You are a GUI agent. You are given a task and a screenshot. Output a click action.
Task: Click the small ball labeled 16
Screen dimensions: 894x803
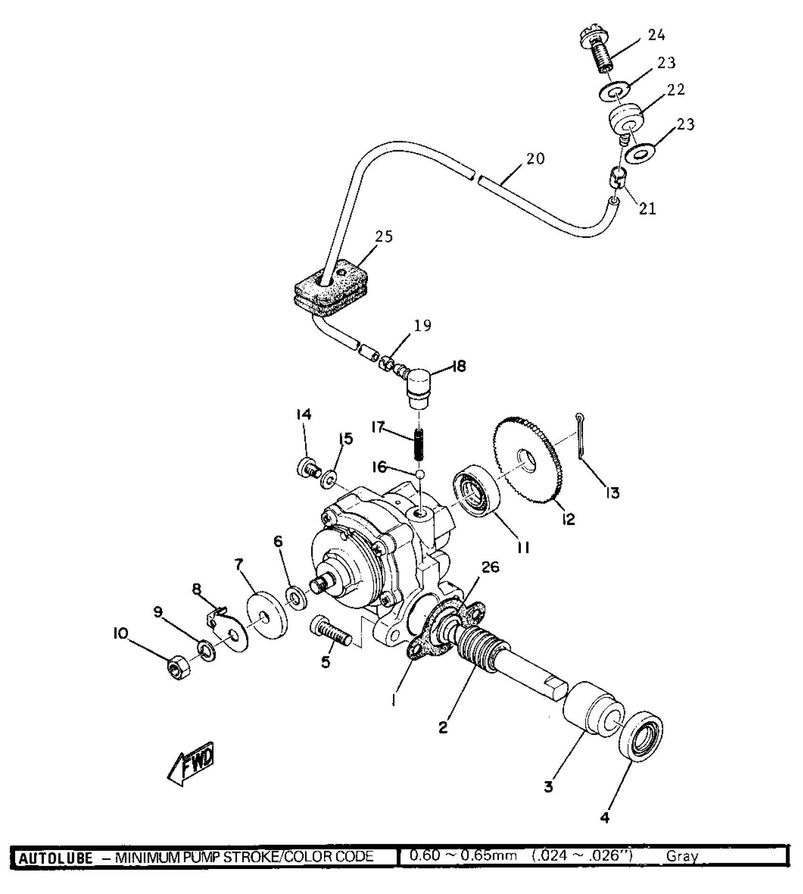click(420, 473)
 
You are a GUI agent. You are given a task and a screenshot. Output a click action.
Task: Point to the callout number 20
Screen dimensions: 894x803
click(535, 159)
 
